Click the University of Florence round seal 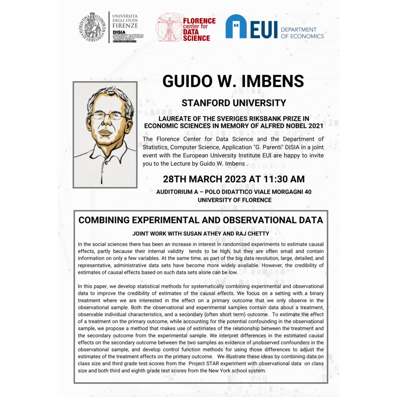[x=92, y=27]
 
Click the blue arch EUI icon [x=236, y=27]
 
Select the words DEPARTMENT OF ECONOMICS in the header [x=302, y=33]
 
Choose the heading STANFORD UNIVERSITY [x=234, y=103]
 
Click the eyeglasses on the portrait [x=106, y=116]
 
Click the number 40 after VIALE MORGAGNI [x=307, y=192]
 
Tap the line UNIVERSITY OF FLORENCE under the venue [x=234, y=200]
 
